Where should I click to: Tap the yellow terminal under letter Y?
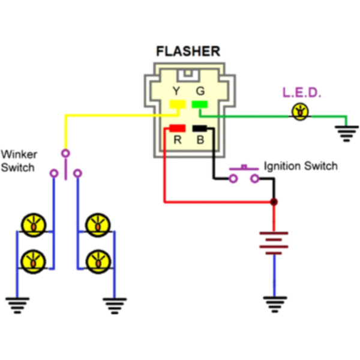(177, 104)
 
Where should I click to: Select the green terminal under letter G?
(199, 104)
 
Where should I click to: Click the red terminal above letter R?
(177, 128)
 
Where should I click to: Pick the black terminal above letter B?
(199, 128)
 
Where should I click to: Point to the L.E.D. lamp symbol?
(299, 111)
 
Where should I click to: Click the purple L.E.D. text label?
(302, 93)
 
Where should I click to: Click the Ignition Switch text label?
(301, 166)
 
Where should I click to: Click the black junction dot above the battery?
(274, 202)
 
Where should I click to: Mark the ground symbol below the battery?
(274, 304)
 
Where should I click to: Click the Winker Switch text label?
(18, 161)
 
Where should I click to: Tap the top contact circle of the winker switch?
(65, 152)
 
